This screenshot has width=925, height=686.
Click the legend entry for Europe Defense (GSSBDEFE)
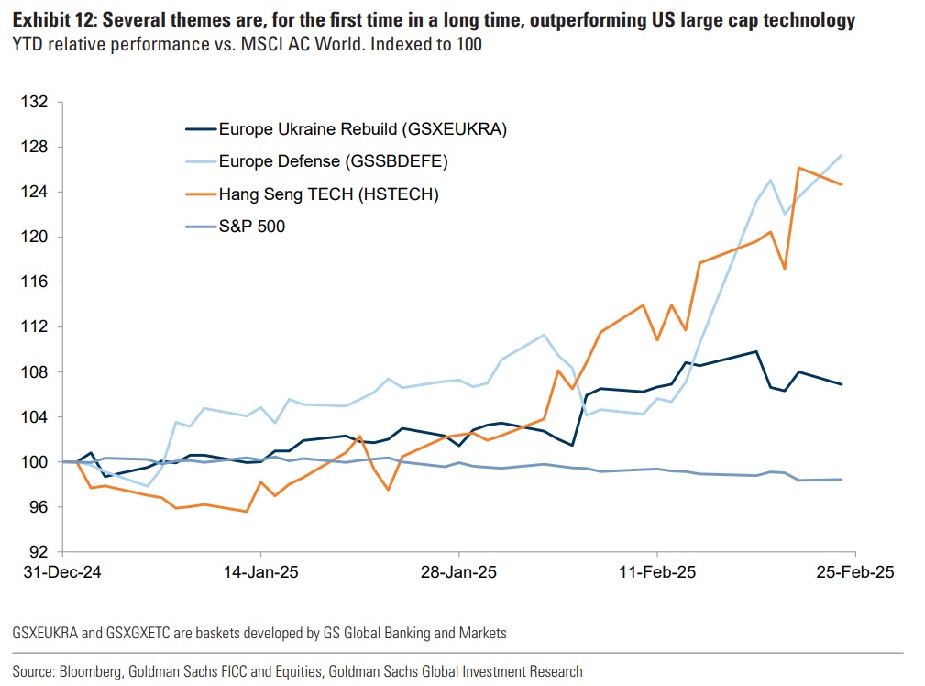coord(333,161)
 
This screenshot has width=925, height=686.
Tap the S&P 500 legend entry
coord(251,226)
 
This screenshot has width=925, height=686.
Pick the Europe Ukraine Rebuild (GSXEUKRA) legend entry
coord(362,129)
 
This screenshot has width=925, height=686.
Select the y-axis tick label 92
coord(39,552)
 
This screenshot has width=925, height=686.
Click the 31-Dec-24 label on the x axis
coord(61,571)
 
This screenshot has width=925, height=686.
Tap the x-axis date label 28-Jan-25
coord(458,571)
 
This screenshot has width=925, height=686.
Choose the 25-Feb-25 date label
coord(854,571)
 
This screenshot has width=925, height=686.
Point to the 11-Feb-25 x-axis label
coord(656,571)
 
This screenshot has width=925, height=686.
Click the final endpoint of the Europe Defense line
coord(842,155)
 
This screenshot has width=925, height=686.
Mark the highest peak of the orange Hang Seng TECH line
coord(799,168)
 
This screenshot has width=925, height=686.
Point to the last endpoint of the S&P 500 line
coord(842,480)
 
